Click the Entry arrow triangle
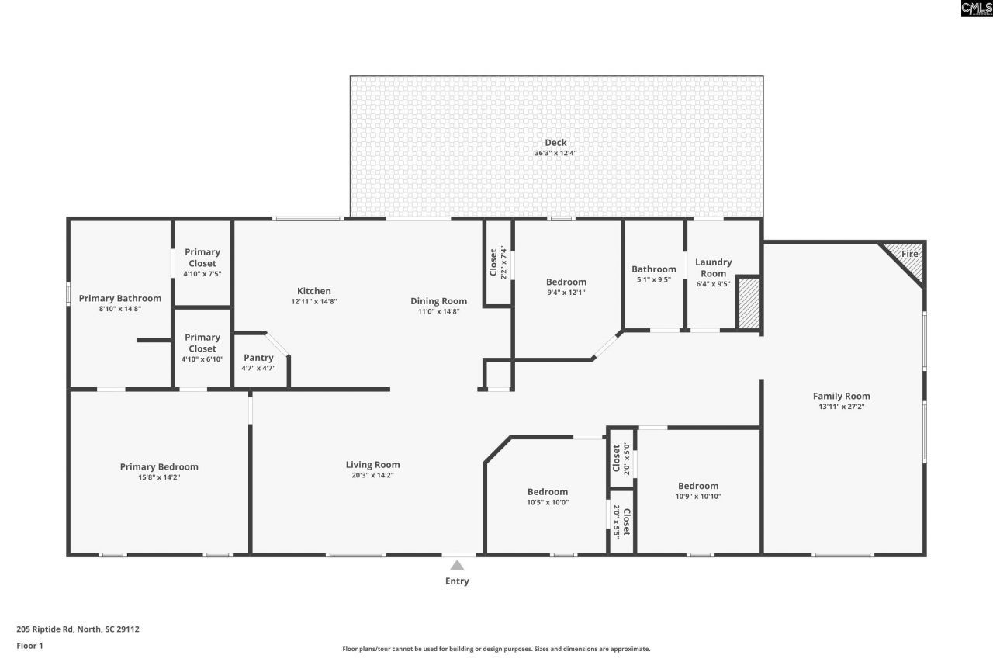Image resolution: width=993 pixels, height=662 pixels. [x=458, y=565]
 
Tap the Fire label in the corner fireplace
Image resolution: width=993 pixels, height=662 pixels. [x=910, y=254]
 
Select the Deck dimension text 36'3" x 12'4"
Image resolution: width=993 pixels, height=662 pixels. [x=555, y=154]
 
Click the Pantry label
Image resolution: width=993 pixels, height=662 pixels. [x=258, y=358]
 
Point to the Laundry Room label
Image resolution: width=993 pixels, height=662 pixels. [x=713, y=268]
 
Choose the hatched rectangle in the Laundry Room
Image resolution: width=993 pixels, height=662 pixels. [x=748, y=304]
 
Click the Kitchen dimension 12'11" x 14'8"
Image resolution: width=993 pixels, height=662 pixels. [x=314, y=301]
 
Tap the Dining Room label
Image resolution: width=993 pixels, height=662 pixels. [x=438, y=301]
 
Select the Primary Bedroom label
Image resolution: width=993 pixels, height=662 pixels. [x=159, y=466]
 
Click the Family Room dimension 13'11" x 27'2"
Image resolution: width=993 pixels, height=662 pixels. [x=842, y=406]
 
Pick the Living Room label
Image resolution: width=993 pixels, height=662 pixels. [x=373, y=465]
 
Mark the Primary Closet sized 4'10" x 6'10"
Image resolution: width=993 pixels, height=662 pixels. [x=202, y=343]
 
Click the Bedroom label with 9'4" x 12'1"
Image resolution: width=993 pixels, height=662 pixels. [x=566, y=282]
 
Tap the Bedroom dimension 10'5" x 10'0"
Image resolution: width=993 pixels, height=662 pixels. [x=548, y=501]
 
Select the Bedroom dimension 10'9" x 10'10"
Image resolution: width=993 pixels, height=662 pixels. [x=698, y=496]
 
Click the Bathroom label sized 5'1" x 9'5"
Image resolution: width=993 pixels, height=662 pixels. [x=654, y=269]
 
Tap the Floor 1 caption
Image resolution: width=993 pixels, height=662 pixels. [x=29, y=645]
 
